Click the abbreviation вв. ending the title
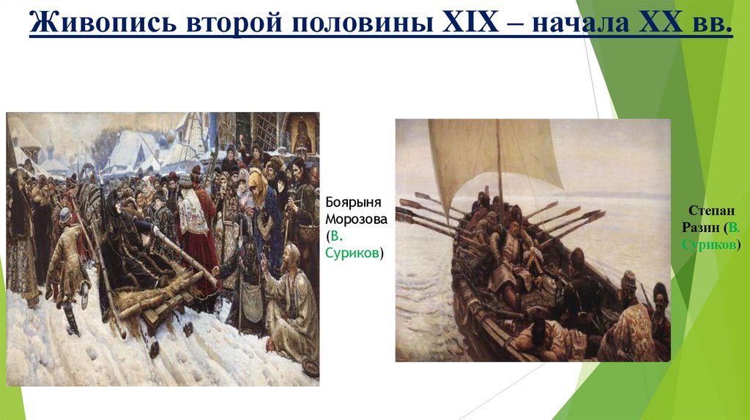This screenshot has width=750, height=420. (708, 24)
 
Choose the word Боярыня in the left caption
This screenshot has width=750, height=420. (349, 203)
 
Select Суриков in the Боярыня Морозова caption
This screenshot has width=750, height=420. (353, 253)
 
